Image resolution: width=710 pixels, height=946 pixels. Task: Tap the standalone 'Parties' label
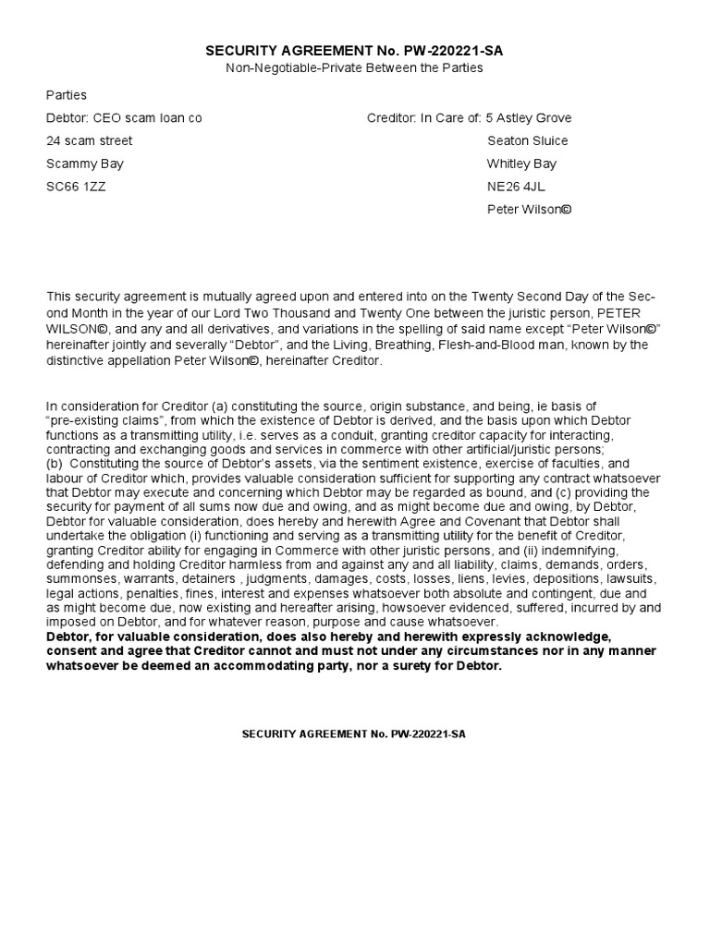tap(67, 95)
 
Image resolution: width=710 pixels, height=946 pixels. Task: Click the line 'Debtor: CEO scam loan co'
tap(124, 118)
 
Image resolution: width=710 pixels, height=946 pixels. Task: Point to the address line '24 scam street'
tap(90, 141)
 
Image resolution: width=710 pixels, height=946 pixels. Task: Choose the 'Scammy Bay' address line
tap(85, 164)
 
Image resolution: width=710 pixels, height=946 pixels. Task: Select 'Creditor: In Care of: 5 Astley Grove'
tap(469, 118)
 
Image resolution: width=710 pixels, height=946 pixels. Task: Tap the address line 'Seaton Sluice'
tap(527, 141)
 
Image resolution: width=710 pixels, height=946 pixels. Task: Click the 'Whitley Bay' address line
tap(521, 164)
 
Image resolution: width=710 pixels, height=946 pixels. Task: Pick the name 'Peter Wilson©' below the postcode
tap(529, 210)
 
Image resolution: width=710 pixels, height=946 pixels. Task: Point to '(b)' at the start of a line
tap(55, 464)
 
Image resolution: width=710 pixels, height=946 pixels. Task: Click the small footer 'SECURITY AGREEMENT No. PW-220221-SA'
tap(355, 733)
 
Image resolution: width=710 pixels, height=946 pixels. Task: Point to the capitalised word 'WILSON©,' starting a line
tap(77, 327)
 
